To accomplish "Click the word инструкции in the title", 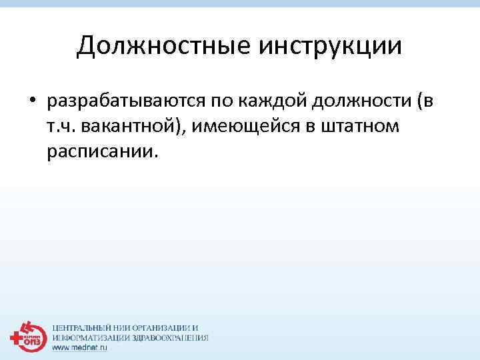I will point(327,46).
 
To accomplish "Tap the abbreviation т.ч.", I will point(61,127).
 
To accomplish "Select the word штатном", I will point(365,127).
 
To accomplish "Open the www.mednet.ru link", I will point(80,347).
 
